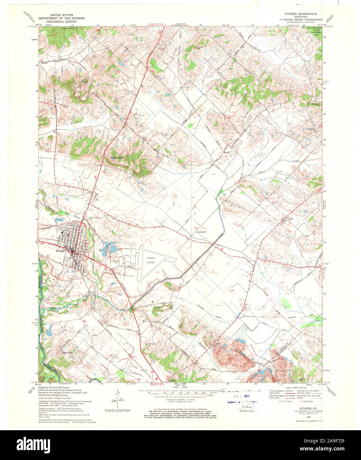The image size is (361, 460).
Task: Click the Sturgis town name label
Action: (60, 251)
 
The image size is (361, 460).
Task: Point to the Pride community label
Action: (291, 219)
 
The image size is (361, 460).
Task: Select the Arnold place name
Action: (227, 152)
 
